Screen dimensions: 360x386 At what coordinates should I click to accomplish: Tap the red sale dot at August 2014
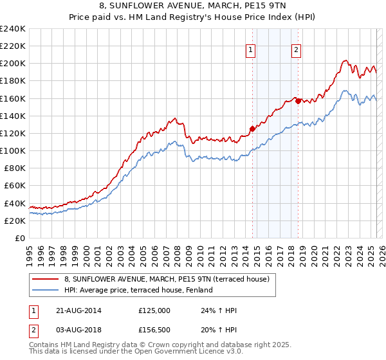[x=252, y=129]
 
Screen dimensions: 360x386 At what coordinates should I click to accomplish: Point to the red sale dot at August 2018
[x=298, y=100]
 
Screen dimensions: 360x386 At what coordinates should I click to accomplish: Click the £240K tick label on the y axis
[x=13, y=29]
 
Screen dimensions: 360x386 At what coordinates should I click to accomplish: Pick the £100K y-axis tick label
[x=13, y=150]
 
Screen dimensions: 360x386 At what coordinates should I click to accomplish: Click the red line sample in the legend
[x=45, y=278]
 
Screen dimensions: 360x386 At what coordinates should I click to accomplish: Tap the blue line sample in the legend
[x=45, y=290]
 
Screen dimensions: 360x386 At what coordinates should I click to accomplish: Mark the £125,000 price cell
[x=154, y=310]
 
